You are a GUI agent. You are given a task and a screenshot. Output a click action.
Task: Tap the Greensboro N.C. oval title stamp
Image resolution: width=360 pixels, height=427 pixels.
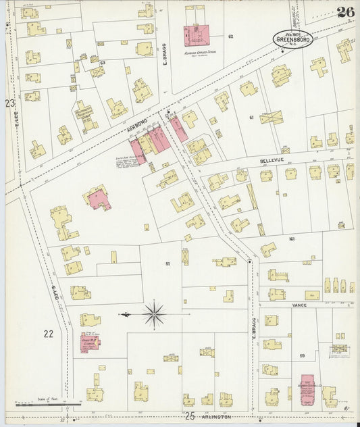click(x=292, y=38)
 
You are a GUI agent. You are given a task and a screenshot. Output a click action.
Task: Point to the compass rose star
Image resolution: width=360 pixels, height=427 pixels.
click(x=155, y=314)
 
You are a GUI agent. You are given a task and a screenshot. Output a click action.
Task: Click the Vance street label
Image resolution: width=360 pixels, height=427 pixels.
click(x=299, y=305)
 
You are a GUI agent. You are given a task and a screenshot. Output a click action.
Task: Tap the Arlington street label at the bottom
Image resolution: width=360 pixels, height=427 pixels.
click(x=216, y=417)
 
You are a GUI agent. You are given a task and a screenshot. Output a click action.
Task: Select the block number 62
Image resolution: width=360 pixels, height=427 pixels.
click(x=230, y=36)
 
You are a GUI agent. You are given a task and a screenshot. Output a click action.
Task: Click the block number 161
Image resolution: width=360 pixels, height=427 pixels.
click(x=292, y=238)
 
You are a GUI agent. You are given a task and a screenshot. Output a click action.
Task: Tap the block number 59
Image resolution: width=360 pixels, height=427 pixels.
click(x=302, y=355)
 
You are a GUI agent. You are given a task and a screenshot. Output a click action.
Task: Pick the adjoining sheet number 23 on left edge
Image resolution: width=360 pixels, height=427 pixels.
click(x=9, y=103)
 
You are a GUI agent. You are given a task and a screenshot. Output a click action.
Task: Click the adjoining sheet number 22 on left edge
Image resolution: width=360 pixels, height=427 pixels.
click(x=48, y=333)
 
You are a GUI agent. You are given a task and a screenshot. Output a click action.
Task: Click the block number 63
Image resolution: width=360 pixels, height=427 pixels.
click(x=103, y=63)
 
